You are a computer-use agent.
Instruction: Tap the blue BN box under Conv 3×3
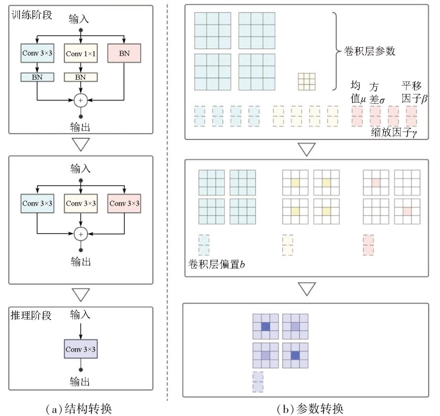37,77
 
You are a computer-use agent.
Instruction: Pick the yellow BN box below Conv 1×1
81,77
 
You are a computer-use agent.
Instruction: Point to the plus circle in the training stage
81,100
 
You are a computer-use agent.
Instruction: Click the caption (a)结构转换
80,408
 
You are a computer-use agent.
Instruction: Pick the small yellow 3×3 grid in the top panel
306,82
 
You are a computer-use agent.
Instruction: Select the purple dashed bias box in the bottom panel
258,383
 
